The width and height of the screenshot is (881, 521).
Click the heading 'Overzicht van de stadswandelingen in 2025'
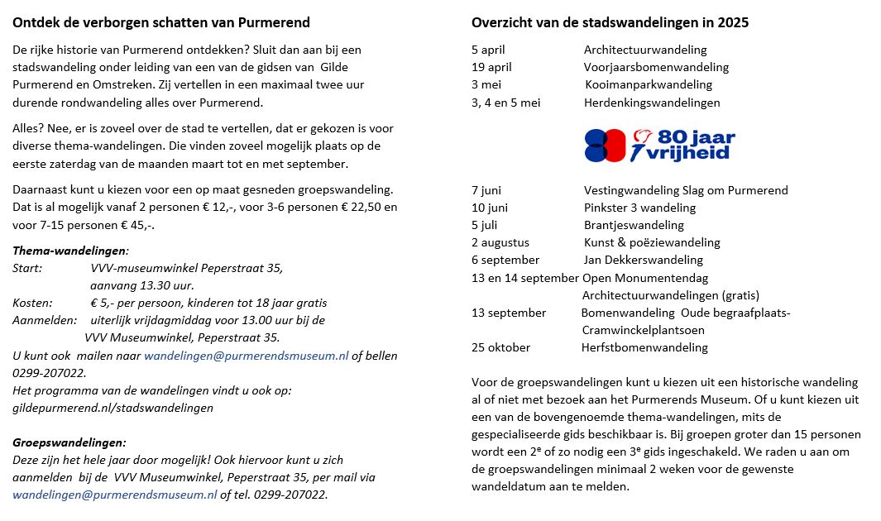(x=610, y=23)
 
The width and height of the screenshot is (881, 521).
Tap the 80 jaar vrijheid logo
(x=659, y=145)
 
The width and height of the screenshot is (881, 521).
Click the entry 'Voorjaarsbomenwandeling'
(x=656, y=68)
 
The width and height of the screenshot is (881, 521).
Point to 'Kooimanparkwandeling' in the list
(x=649, y=85)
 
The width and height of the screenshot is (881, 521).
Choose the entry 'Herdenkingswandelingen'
(x=652, y=103)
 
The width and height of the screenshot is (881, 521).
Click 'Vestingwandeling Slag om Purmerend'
(x=686, y=190)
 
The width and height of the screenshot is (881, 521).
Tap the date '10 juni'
(x=490, y=208)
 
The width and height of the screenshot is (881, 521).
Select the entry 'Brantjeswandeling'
(x=634, y=225)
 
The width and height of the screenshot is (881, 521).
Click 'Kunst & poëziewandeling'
(x=652, y=242)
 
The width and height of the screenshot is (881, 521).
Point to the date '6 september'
(x=505, y=260)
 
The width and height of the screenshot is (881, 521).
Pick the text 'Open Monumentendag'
(x=645, y=278)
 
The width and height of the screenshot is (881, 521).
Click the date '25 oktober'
(x=500, y=347)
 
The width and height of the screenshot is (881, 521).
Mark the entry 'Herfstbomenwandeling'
(x=644, y=347)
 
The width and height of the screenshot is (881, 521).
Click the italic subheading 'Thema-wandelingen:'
(x=70, y=251)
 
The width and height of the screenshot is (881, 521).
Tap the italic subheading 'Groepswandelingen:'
(x=69, y=442)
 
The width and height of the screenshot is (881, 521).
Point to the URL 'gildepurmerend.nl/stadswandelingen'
(x=113, y=407)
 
